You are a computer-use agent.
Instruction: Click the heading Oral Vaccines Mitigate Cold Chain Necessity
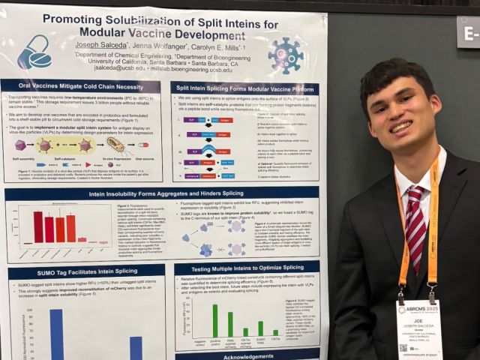point(81,88)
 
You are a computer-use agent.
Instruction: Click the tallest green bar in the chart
point(216,319)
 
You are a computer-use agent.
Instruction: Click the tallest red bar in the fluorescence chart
point(37,226)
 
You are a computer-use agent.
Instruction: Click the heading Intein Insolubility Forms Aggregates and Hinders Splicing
point(162,194)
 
